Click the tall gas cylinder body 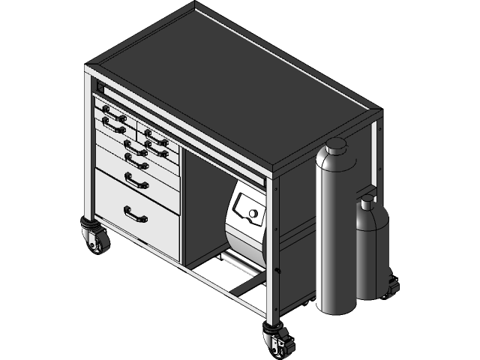pyautogui.click(x=336, y=232)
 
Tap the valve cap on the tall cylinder pyautogui.click(x=335, y=144)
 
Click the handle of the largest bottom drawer pyautogui.click(x=136, y=215)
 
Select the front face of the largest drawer pyautogui.click(x=137, y=221)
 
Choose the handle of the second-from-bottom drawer pyautogui.click(x=136, y=180)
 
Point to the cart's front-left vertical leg pyautogui.click(x=89, y=150)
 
